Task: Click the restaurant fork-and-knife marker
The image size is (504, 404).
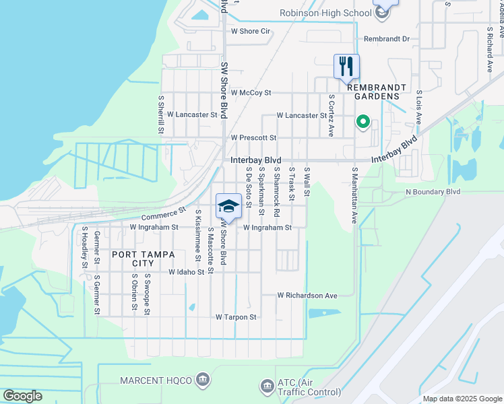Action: coord(347,66)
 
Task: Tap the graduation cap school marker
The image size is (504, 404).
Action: coord(228,205)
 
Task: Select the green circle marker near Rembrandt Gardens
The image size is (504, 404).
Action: coord(363,122)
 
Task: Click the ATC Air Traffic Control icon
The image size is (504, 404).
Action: coord(267,386)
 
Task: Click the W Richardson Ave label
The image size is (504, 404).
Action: coord(307,296)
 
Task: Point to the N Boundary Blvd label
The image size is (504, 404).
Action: coord(433,192)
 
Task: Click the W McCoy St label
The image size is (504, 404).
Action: coord(251,93)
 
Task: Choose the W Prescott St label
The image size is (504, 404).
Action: coord(253,137)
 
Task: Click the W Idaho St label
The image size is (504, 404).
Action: coord(181,272)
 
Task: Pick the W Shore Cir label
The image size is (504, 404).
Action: coord(251,31)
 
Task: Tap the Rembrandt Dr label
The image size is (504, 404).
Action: coord(387,39)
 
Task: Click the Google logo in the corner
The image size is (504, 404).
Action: coord(22,396)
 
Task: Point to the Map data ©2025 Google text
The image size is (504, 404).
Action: coord(462,399)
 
